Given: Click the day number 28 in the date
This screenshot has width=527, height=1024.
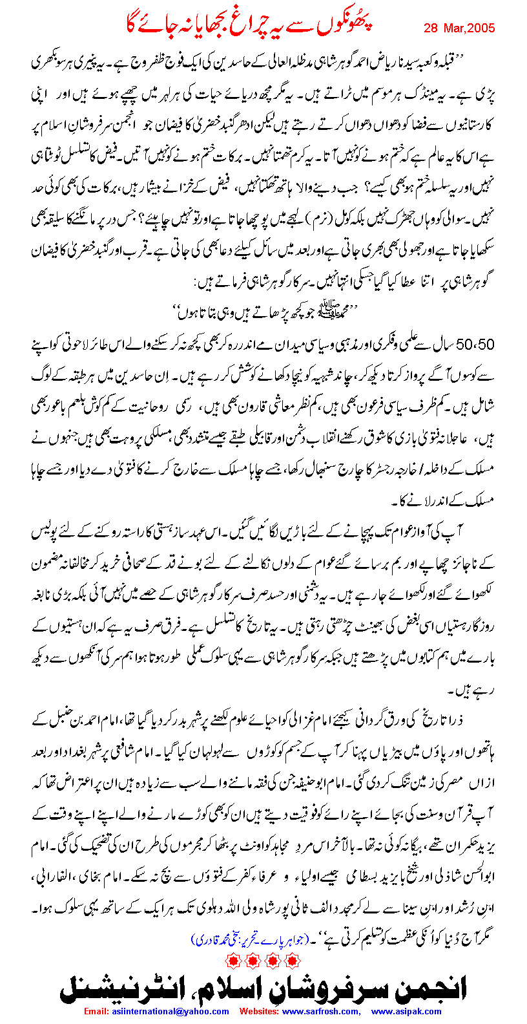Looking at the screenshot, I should pos(431,28).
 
